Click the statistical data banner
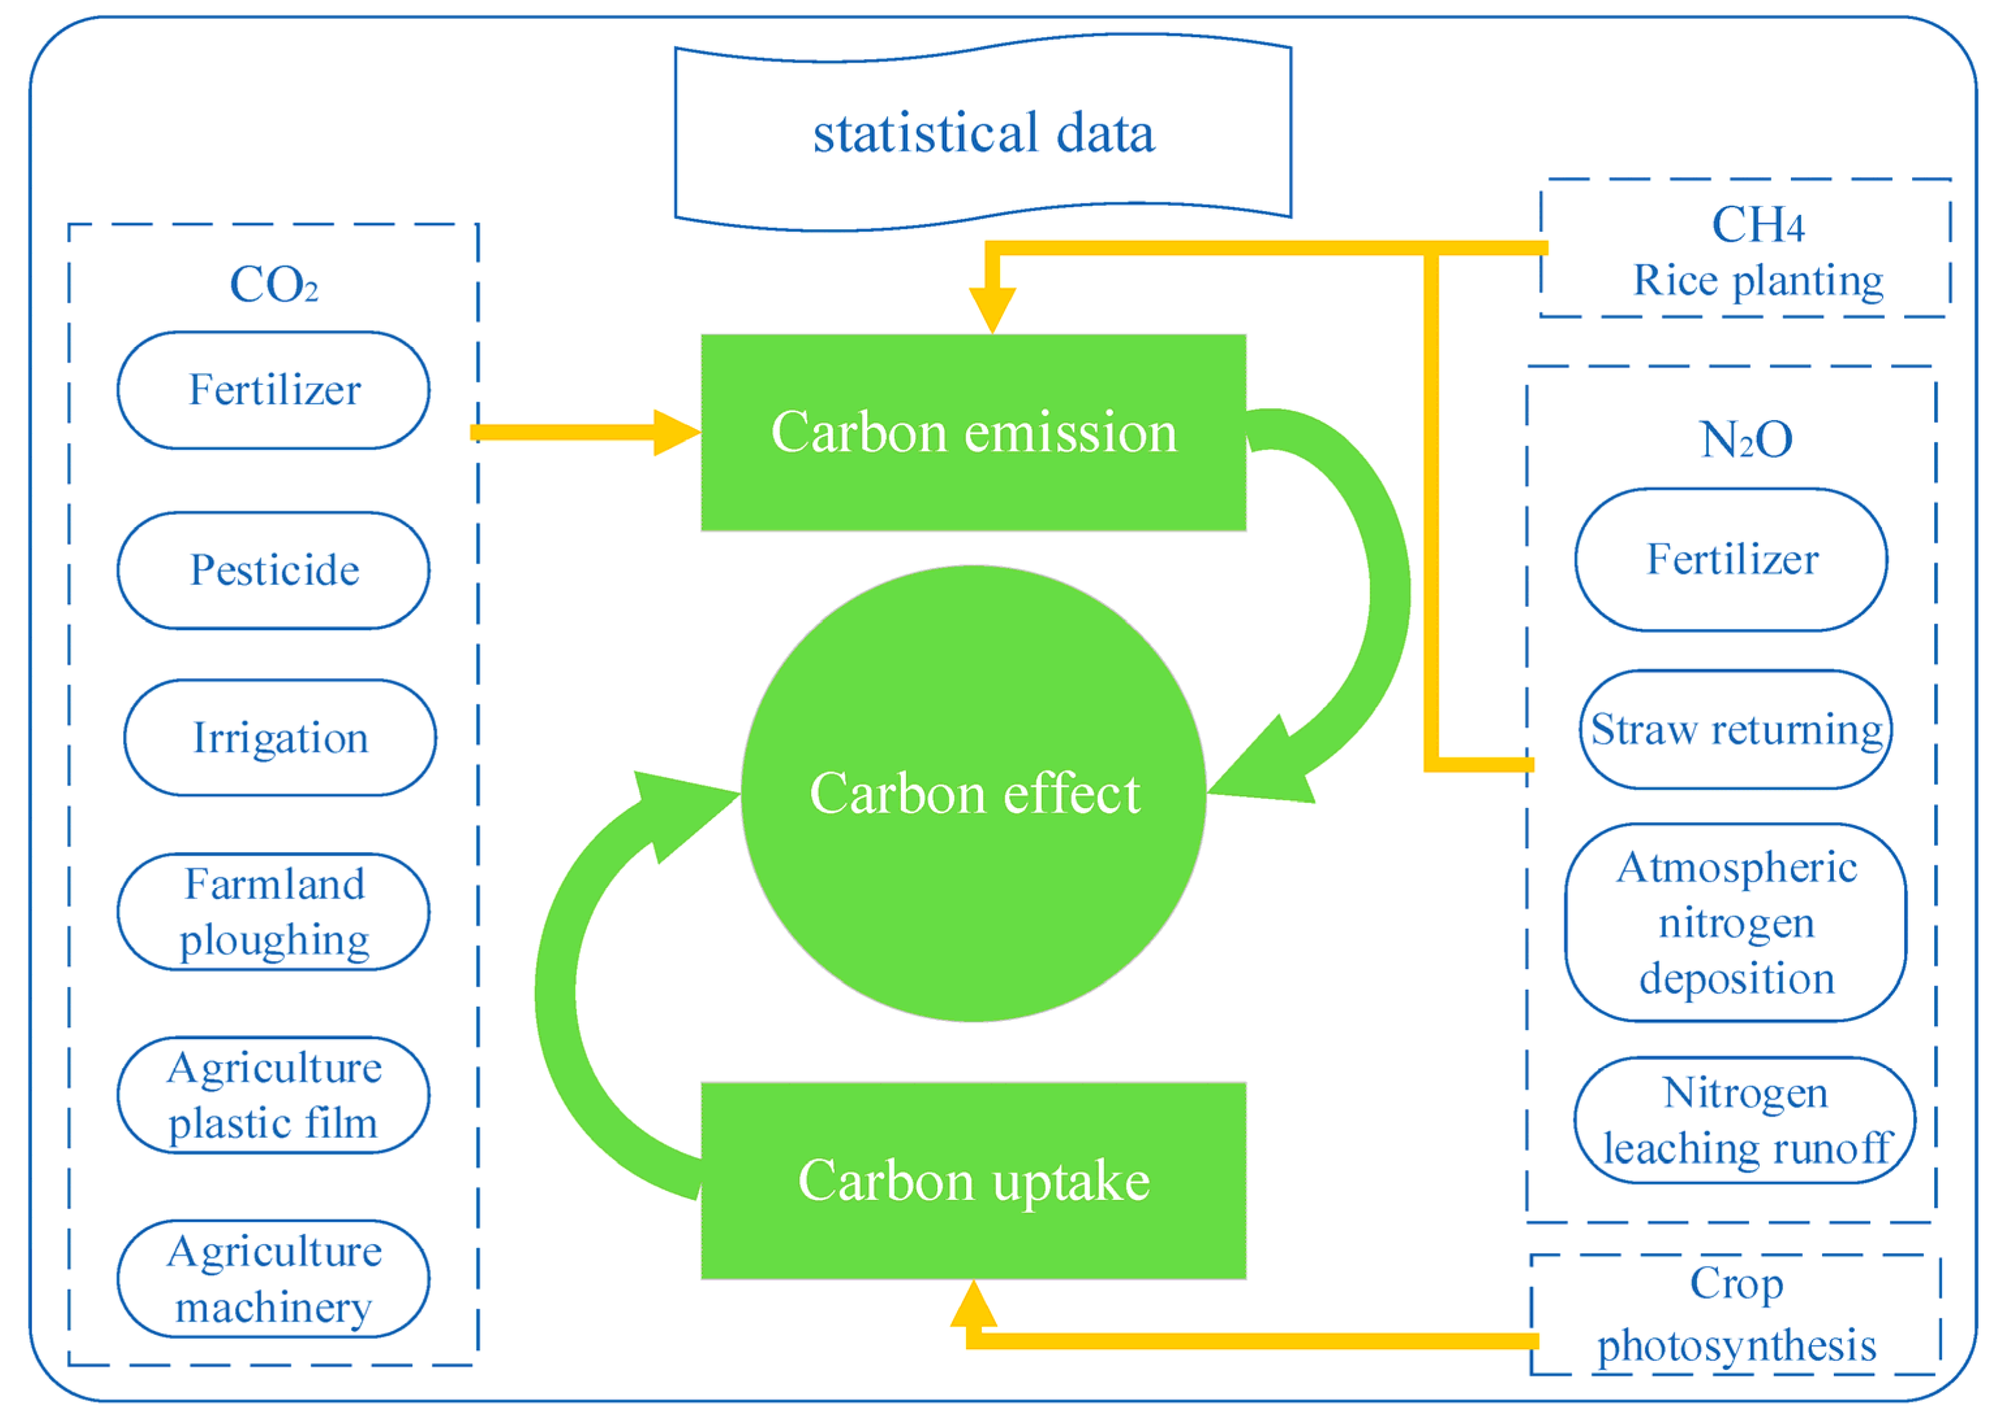coord(982,133)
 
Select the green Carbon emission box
coord(973,432)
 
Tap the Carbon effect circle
coord(973,792)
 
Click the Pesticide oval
coord(273,570)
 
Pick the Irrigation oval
coord(279,737)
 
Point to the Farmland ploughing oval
coord(273,912)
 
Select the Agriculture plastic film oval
coord(273,1094)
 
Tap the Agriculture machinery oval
coord(273,1278)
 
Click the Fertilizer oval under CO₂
coord(273,389)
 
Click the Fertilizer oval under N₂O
coord(1731,559)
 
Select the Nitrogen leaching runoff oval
coord(1744,1120)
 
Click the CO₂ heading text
coord(273,285)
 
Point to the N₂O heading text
coord(1745,439)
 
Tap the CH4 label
coord(1757,225)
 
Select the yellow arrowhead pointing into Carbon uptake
coord(973,1305)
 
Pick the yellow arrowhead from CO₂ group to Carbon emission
coord(676,432)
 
